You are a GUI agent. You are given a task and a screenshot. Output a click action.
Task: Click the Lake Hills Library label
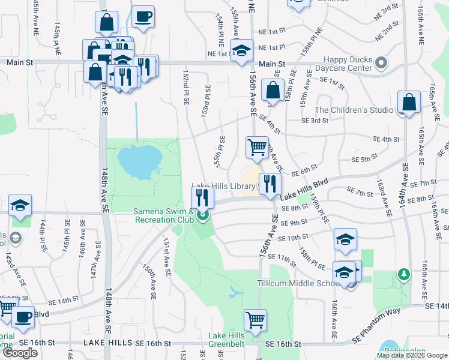coord(223,187)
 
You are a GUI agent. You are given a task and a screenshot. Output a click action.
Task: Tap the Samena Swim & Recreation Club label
coord(163,215)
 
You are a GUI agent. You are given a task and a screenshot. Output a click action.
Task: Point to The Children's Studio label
coord(354,110)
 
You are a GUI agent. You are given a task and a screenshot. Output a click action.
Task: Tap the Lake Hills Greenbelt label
coord(226,340)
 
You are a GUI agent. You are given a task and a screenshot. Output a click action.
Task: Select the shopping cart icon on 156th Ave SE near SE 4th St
coord(257,146)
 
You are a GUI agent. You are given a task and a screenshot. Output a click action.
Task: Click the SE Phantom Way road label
coord(376,324)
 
